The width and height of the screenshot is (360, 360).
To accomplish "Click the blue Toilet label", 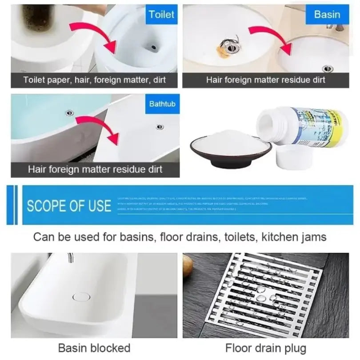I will pyautogui.click(x=161, y=14).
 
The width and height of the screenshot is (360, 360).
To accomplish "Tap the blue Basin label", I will pyautogui.click(x=327, y=14).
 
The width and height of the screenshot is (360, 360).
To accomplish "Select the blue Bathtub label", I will pyautogui.click(x=162, y=104).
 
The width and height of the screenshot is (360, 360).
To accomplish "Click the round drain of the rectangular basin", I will pyautogui.click(x=81, y=296).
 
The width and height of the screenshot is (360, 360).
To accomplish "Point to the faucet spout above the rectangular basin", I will pyautogui.click(x=70, y=257).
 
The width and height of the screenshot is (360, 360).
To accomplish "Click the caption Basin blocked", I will pyautogui.click(x=94, y=348).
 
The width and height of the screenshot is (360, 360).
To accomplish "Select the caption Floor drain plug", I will pyautogui.click(x=266, y=348).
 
